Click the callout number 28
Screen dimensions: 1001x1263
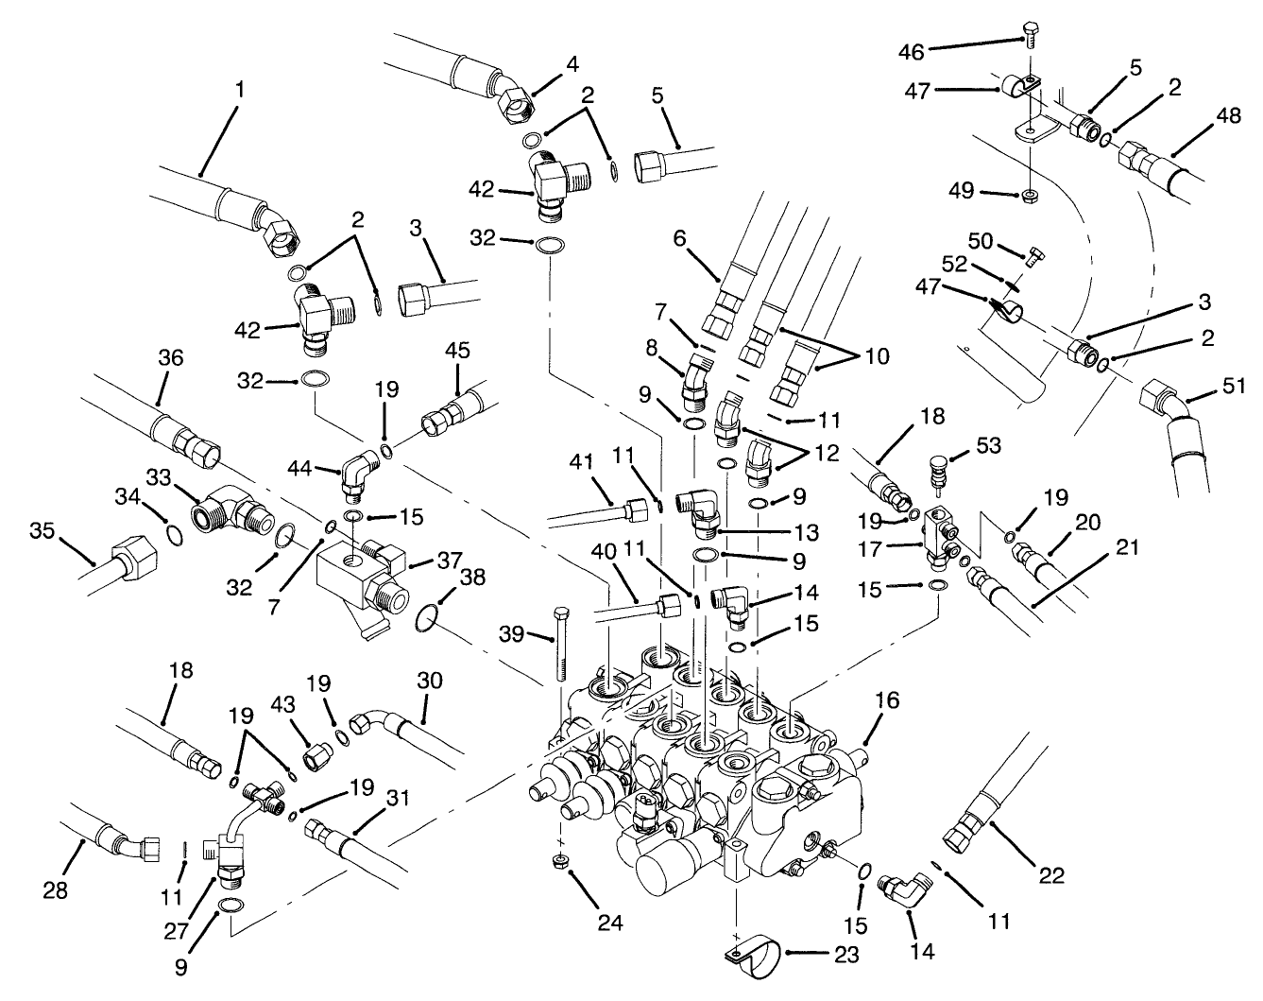56,889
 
